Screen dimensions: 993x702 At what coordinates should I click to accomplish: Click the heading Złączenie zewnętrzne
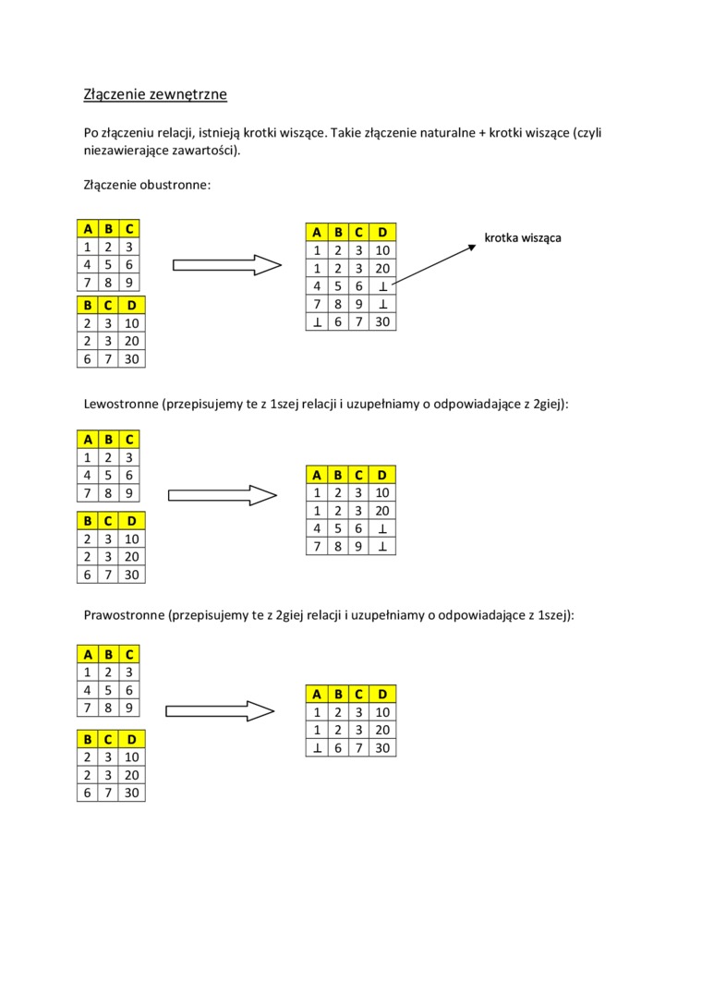click(155, 94)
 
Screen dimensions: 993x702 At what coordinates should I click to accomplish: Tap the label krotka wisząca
click(523, 238)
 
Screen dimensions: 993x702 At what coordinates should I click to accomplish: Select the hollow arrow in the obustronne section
click(226, 265)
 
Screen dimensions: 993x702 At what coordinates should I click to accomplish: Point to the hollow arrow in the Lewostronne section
click(223, 495)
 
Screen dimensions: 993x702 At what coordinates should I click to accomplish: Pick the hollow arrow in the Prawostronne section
click(220, 710)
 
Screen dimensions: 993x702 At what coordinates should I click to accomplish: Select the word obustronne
click(175, 185)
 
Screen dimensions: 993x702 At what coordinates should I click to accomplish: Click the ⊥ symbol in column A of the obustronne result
click(317, 322)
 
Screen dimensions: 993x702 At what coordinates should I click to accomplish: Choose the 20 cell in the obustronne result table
click(383, 269)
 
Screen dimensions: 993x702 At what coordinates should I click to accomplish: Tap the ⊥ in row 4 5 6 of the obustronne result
click(383, 287)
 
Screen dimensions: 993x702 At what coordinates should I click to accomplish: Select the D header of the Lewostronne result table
click(383, 475)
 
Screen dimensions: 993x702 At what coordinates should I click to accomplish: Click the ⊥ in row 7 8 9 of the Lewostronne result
click(383, 547)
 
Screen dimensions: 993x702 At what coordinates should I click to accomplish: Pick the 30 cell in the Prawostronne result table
click(383, 748)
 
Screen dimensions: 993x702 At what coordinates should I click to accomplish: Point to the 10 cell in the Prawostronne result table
click(383, 712)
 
